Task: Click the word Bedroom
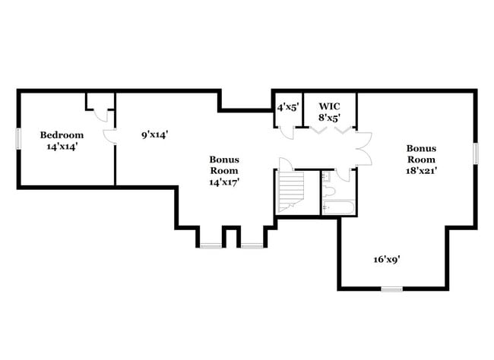62,134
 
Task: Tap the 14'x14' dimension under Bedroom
62,146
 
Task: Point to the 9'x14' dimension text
154,134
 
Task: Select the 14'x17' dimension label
225,183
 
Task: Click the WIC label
328,106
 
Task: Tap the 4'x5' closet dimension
287,106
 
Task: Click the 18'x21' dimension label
420,171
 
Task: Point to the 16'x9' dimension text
387,259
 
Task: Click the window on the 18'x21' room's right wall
477,152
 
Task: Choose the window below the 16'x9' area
391,289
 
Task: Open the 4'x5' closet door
287,131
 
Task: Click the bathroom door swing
344,175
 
